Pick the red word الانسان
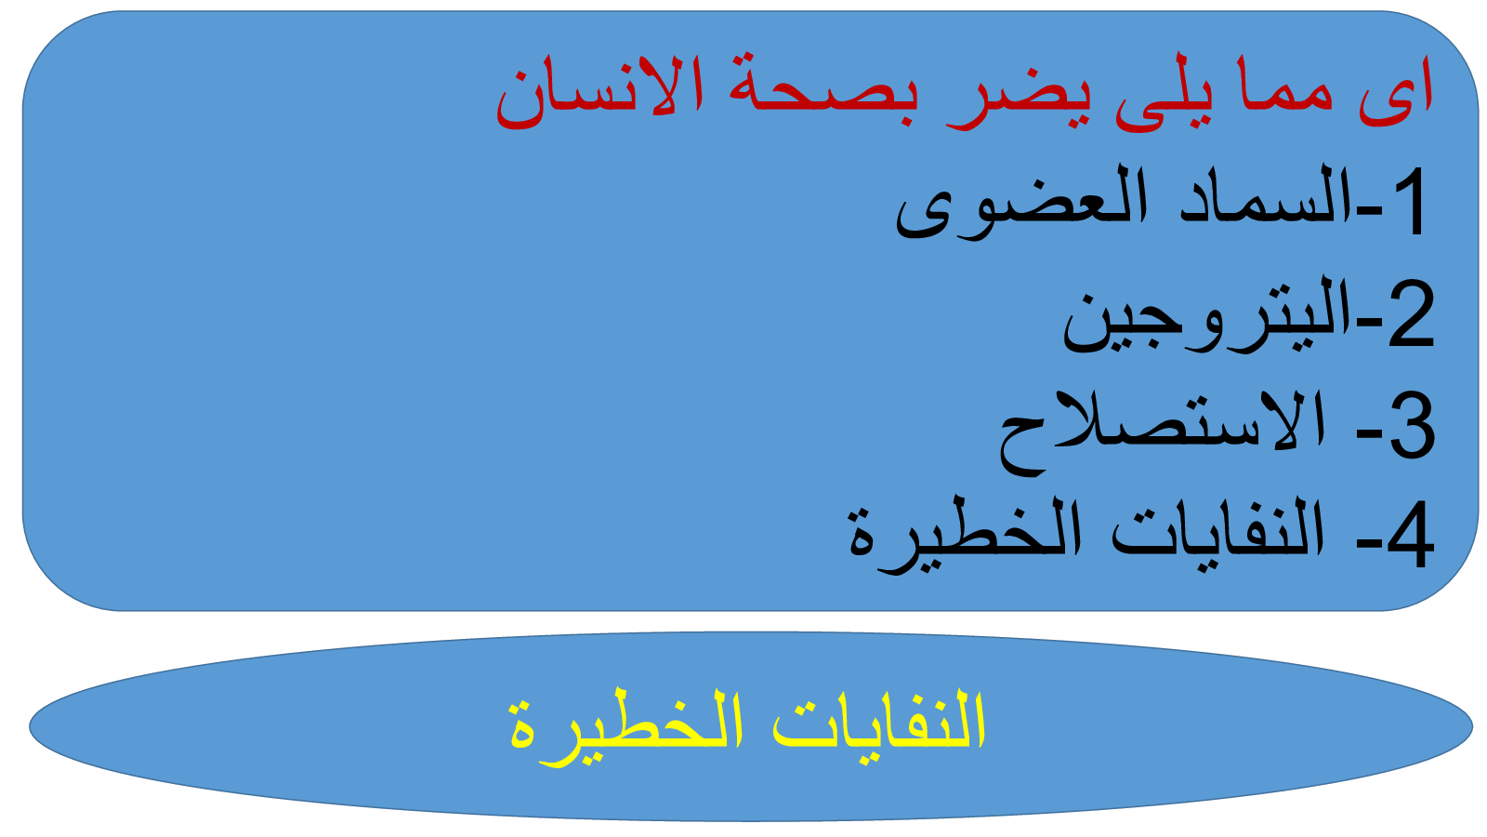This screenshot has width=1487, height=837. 599,93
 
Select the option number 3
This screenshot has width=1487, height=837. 1412,424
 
